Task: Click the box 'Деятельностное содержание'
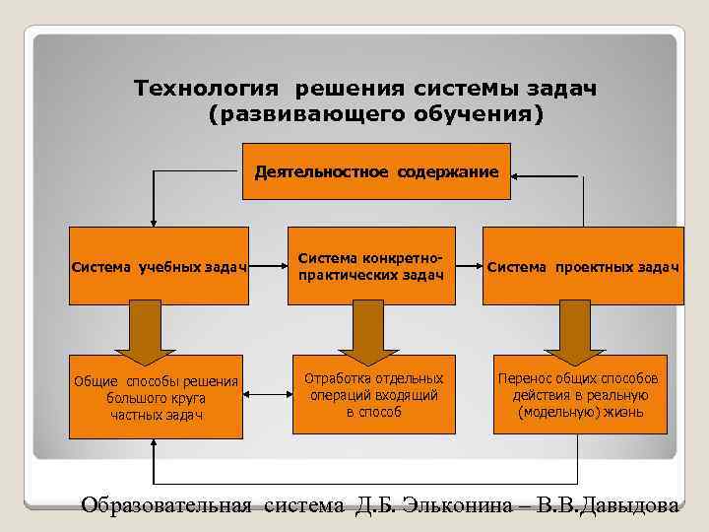click(x=376, y=172)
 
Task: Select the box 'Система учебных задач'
click(x=159, y=266)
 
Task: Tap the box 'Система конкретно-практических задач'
click(x=374, y=266)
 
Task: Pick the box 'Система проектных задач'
click(x=583, y=266)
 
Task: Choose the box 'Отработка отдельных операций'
click(x=374, y=394)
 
